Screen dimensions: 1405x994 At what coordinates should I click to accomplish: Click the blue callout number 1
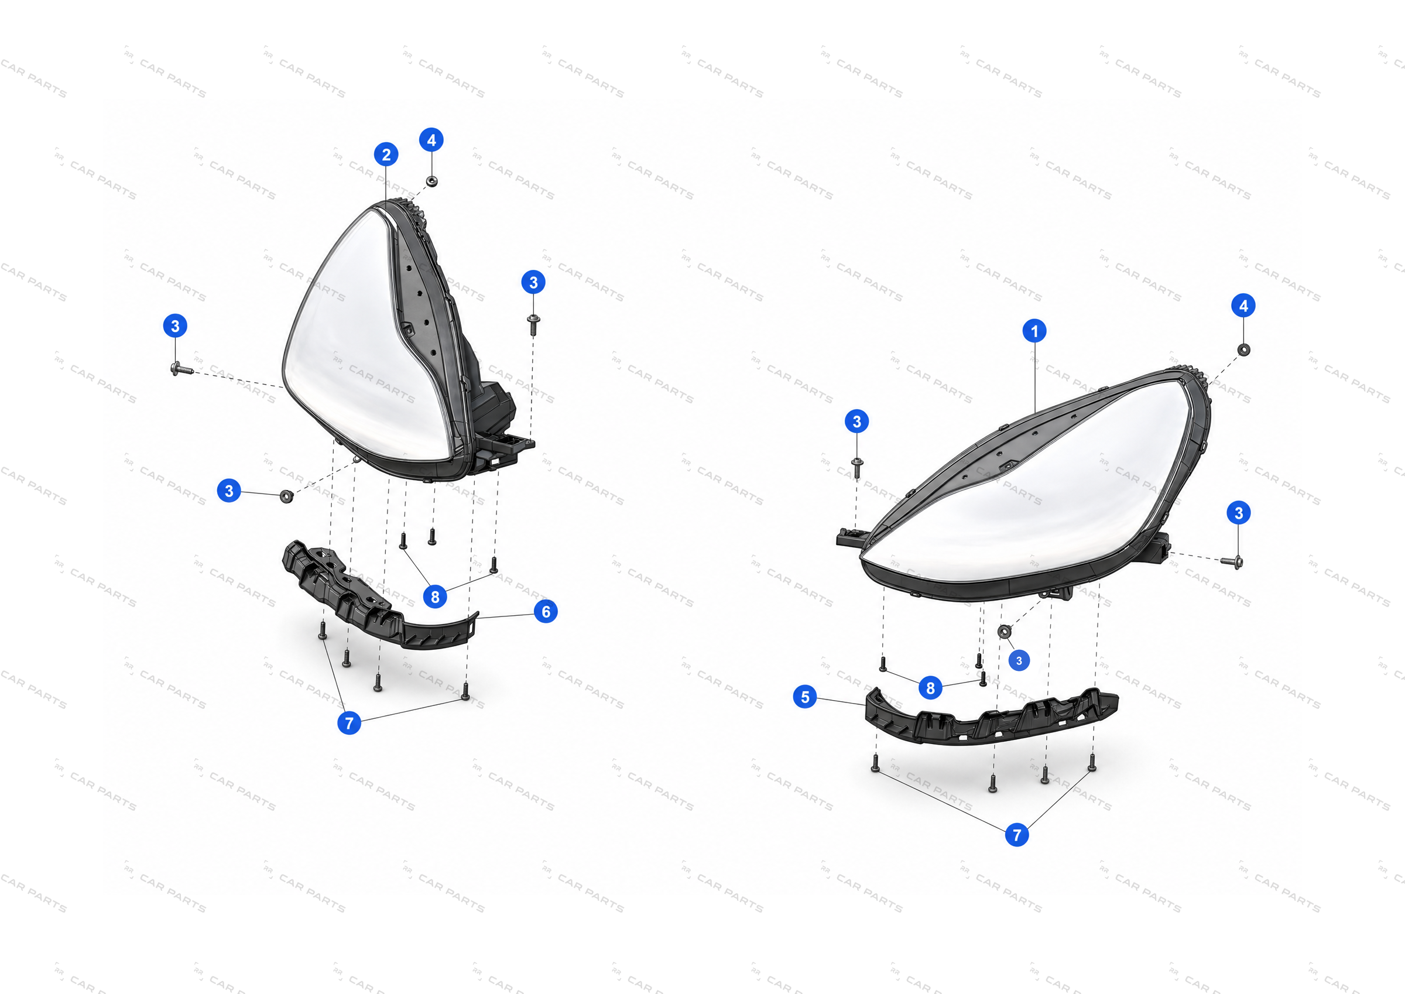coord(1034,331)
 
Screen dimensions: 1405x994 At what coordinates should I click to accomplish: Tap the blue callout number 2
coord(386,154)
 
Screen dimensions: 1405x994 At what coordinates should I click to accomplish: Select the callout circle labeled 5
coord(805,697)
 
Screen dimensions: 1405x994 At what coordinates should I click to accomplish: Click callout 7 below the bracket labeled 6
coord(349,723)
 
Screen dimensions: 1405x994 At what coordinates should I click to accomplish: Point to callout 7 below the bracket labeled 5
coord(1016,834)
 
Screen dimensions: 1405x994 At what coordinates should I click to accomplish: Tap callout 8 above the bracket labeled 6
coord(434,596)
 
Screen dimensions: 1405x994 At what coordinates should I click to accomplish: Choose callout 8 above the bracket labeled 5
coord(930,688)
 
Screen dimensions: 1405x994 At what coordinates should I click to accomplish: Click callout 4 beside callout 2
coord(431,140)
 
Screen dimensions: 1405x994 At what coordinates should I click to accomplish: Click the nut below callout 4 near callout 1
coord(1243,349)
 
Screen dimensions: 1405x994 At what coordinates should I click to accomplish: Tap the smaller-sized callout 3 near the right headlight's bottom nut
coord(1019,660)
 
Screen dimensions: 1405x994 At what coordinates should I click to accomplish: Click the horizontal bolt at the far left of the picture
coord(181,368)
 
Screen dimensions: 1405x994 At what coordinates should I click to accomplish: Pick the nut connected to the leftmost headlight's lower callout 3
coord(286,495)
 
